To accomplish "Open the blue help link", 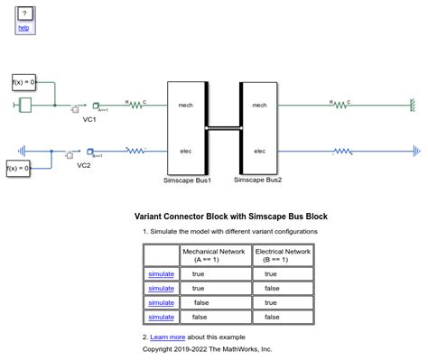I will coord(23,29).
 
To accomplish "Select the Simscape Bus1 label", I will coord(188,180).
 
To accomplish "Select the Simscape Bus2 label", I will coord(257,180).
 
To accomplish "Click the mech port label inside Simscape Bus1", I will coord(186,106).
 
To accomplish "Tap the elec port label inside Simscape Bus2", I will coord(260,151).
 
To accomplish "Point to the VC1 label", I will coord(89,118).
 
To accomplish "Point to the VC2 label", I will coord(83,165).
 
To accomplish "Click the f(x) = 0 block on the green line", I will coord(23,83).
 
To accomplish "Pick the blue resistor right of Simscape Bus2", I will coord(342,151).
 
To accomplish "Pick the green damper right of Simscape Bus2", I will coord(340,105).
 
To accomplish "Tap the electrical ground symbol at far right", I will coord(414,151).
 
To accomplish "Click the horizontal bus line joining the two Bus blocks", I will coord(223,128).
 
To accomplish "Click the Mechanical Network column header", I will coord(213,254).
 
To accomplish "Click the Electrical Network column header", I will coord(282,254).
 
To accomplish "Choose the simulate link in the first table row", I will coord(161,273).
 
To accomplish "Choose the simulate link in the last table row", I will coord(161,317).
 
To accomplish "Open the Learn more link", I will coord(167,337).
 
